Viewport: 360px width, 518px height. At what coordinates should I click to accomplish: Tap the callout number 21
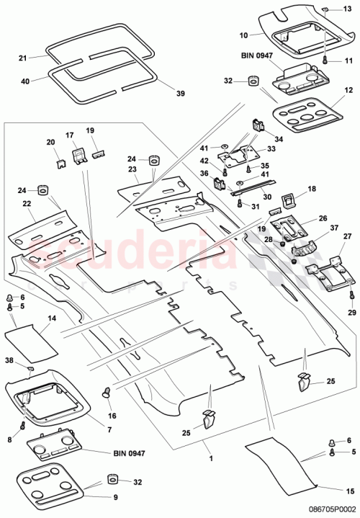pos(22,58)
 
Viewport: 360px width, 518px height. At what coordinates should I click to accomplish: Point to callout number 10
pos(242,35)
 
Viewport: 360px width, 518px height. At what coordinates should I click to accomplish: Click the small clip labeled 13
pos(325,8)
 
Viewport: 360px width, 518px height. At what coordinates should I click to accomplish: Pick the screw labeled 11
pos(325,60)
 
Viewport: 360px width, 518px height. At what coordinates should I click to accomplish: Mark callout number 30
pos(246,197)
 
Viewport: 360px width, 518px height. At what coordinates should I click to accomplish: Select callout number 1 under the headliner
pos(210,458)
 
